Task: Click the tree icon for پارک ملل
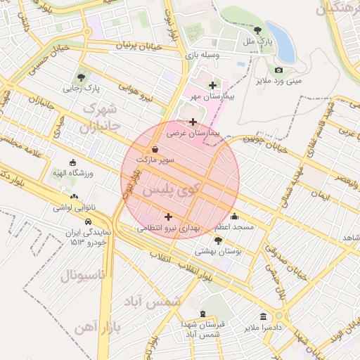(x=258, y=31)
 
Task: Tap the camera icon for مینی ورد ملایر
(x=279, y=70)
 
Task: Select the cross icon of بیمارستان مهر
(x=213, y=85)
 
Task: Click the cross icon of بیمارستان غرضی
(x=193, y=122)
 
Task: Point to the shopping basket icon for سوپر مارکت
(x=155, y=149)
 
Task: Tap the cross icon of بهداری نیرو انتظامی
(x=167, y=217)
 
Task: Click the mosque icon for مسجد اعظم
(x=234, y=217)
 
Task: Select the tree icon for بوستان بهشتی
(x=218, y=240)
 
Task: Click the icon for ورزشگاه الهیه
(x=74, y=162)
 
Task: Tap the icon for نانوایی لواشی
(x=74, y=197)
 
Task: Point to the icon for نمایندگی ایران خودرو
(x=89, y=220)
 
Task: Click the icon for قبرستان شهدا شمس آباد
(x=203, y=314)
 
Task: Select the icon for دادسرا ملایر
(x=263, y=317)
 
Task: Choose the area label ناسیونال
(x=82, y=275)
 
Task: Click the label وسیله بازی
(x=202, y=54)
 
